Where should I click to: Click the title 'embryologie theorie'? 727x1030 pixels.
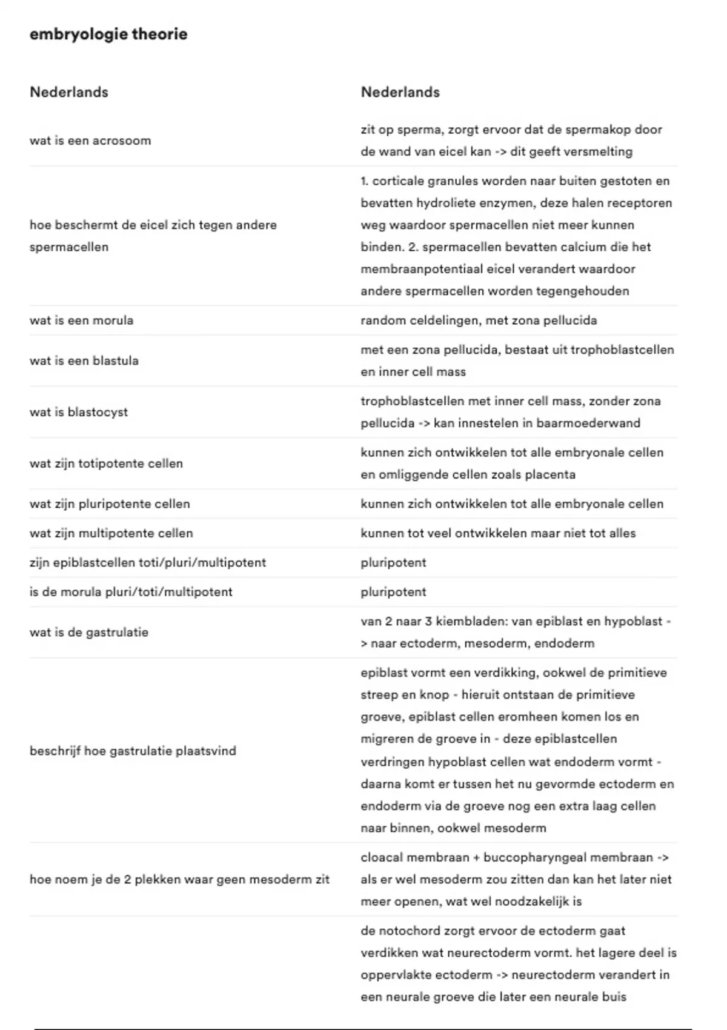tap(108, 35)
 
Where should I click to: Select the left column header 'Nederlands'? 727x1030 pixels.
tap(69, 92)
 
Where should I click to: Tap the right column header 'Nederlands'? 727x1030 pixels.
tap(400, 92)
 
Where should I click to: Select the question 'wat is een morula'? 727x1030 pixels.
tap(81, 321)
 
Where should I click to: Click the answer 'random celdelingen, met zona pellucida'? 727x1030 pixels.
tap(479, 321)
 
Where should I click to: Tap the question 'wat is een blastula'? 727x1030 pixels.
tap(84, 360)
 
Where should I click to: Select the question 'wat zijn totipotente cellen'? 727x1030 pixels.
tap(106, 463)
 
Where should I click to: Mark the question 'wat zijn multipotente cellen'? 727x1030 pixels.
tap(111, 533)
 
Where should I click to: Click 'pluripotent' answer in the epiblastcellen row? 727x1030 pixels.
tap(393, 562)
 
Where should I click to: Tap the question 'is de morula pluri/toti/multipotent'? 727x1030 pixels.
tap(131, 592)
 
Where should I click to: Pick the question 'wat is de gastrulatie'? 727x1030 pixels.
tap(89, 632)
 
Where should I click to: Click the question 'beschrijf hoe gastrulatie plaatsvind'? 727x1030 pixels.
tap(133, 751)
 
